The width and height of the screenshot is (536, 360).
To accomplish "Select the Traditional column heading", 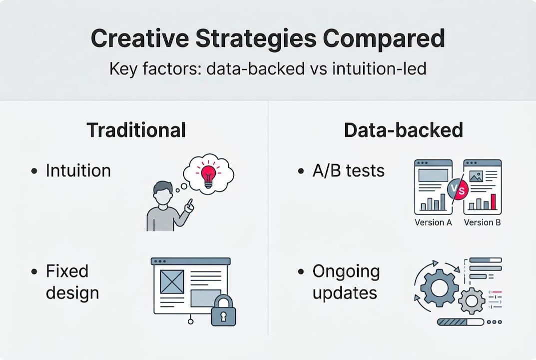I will (x=136, y=130).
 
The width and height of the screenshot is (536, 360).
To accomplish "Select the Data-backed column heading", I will (x=403, y=130).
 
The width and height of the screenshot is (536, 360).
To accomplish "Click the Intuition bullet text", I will (x=78, y=170).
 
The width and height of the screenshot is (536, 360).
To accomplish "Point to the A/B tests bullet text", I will (x=349, y=170).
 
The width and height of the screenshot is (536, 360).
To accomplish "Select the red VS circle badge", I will (x=458, y=190).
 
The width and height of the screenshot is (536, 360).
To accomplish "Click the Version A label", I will (x=433, y=222).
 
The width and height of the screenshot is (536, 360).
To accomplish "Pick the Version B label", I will (x=482, y=222).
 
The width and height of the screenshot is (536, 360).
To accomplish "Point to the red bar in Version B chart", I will (x=494, y=202).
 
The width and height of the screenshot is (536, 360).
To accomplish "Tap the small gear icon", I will (x=471, y=300).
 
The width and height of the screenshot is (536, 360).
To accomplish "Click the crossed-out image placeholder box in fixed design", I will (x=172, y=282).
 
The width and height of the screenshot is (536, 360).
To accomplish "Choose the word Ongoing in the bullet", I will (x=346, y=271).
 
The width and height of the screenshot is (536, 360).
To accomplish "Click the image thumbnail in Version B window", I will (x=475, y=176).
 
